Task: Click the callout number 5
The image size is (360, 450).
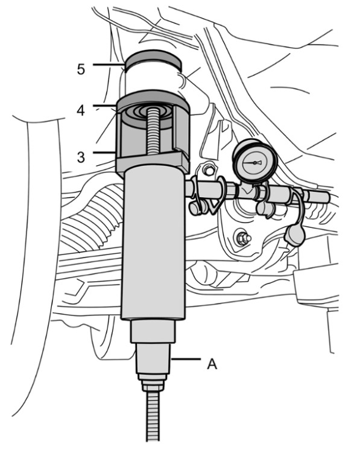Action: point(81,69)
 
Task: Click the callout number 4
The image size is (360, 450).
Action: point(81,110)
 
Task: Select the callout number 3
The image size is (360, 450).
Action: point(81,157)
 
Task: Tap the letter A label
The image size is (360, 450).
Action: point(212,364)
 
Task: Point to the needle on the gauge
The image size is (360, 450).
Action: point(254,163)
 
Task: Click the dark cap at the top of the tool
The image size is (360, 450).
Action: point(153,61)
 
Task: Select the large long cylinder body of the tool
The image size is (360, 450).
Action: point(153,244)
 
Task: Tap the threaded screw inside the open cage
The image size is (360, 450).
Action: point(153,132)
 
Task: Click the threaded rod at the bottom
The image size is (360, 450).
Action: point(153,416)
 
